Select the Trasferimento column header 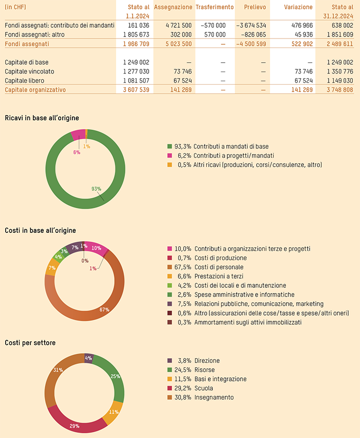click(x=214, y=7)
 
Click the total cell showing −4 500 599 click(x=251, y=44)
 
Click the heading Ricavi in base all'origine click(x=42, y=118)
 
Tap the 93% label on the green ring click(x=96, y=189)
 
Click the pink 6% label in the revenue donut click(x=77, y=152)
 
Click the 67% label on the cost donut click(x=104, y=309)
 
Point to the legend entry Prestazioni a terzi click(x=220, y=277)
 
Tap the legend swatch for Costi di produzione click(x=170, y=258)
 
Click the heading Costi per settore click(x=30, y=342)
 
